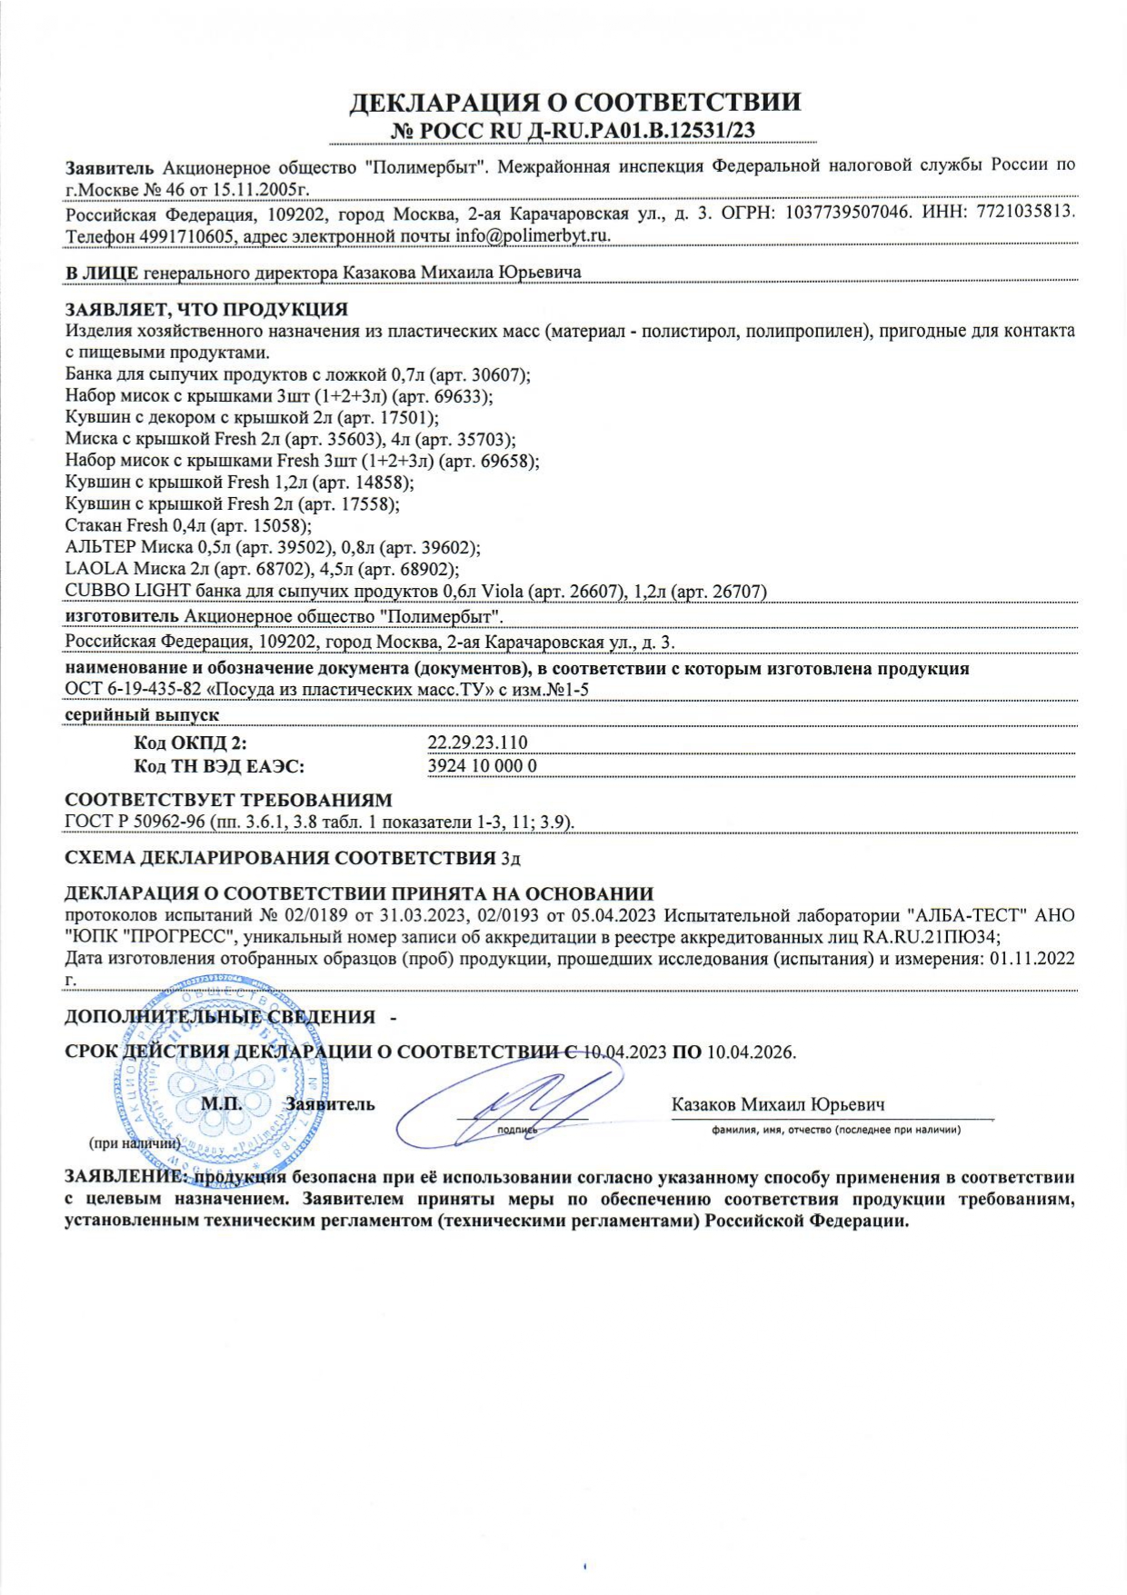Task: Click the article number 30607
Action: point(498,374)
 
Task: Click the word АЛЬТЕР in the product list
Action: point(101,547)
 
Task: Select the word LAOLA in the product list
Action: point(96,569)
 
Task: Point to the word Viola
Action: point(502,591)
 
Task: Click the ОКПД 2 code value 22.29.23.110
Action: point(477,743)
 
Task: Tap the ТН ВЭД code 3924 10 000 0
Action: point(482,765)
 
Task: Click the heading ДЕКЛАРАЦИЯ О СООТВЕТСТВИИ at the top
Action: point(575,102)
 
